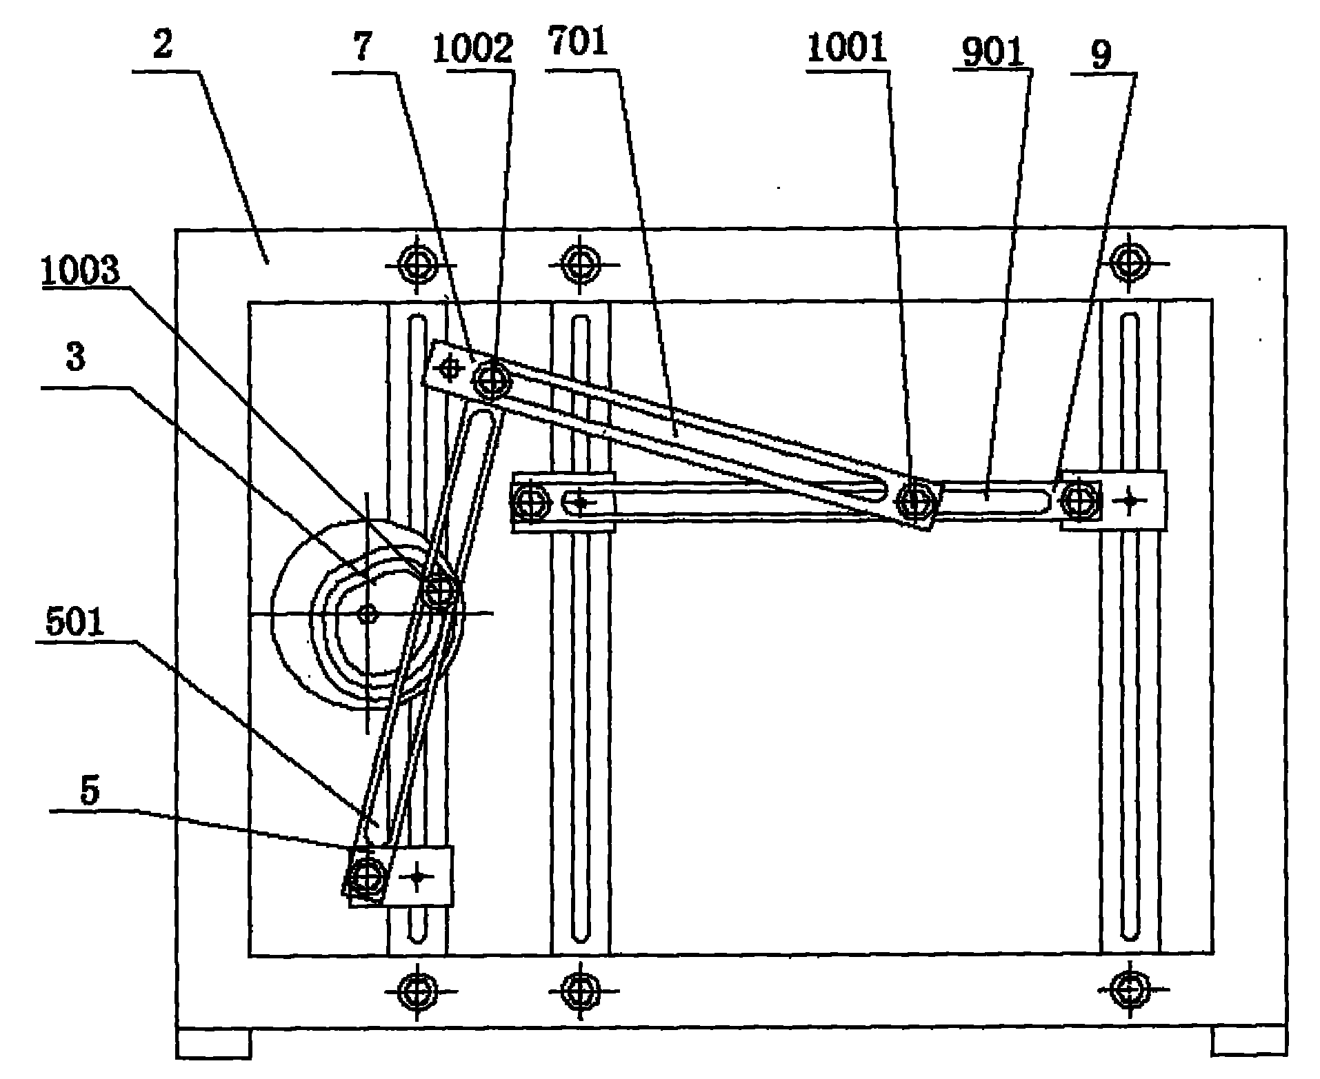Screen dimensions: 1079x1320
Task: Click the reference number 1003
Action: [79, 273]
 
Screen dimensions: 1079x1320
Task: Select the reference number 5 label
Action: [90, 793]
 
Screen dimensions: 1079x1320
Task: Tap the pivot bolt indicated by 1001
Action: [915, 498]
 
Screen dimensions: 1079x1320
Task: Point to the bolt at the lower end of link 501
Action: [366, 878]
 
